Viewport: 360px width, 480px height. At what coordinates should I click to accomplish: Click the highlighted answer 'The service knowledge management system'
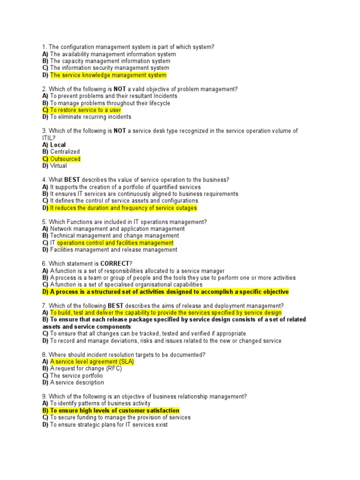click(108, 75)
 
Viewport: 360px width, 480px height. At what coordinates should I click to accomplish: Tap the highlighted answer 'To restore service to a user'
click(85, 110)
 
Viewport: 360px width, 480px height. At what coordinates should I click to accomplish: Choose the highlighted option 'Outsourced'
click(65, 159)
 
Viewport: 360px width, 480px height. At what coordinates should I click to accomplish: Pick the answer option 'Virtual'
click(58, 166)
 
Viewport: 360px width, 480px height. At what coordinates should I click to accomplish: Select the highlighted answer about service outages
click(123, 208)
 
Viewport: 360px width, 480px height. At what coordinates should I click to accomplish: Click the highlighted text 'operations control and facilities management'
click(115, 243)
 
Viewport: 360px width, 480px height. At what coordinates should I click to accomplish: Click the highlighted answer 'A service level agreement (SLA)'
click(92, 362)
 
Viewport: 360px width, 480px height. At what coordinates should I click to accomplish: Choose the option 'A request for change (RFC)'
click(86, 369)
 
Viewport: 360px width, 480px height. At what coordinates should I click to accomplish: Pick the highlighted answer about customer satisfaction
click(114, 411)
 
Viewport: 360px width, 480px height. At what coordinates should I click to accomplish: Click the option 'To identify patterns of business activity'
click(100, 404)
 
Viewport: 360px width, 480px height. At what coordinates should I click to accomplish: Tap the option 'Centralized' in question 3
click(65, 152)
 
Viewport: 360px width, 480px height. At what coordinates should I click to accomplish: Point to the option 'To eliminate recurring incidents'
click(90, 117)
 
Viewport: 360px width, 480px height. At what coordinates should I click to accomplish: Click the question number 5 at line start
click(44, 222)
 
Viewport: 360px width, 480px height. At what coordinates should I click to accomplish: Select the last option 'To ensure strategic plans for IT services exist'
click(109, 425)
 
